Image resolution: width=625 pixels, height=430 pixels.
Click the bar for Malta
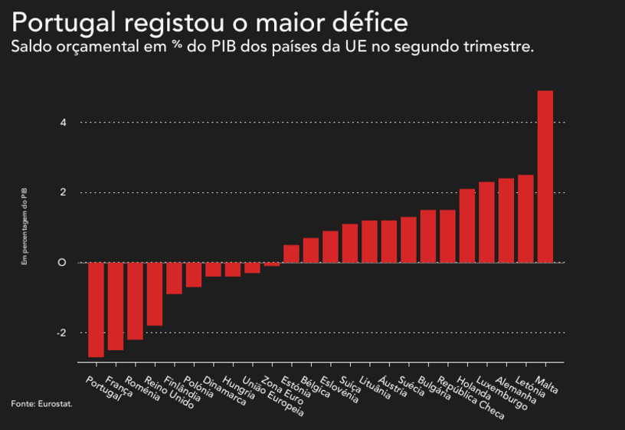tap(545, 176)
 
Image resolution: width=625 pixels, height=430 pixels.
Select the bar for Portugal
tap(96, 310)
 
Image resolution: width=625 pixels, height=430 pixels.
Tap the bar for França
tap(116, 306)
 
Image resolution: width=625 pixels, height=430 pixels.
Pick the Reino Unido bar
tap(155, 294)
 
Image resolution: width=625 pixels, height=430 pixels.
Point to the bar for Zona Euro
tap(272, 264)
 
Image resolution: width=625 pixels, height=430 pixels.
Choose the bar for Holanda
tap(467, 225)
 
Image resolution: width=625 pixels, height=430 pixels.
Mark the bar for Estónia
tap(291, 254)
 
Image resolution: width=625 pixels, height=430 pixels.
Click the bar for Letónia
tap(525, 218)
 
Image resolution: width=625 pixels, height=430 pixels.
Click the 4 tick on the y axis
tap(63, 123)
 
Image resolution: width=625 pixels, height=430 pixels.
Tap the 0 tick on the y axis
tap(63, 263)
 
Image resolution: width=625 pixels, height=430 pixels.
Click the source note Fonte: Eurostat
tap(41, 403)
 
